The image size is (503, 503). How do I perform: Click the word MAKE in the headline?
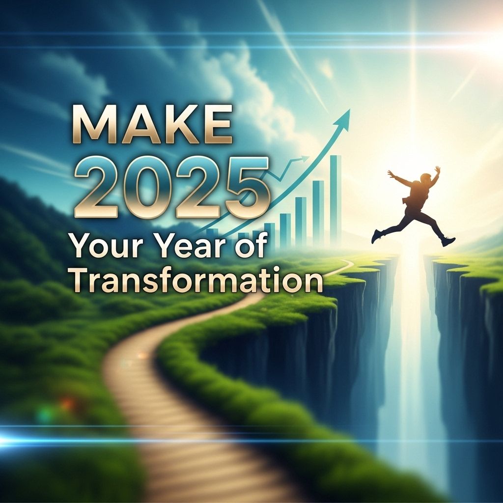coord(152,124)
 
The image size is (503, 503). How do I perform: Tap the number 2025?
coord(171,187)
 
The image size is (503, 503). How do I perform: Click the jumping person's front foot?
coord(448,241)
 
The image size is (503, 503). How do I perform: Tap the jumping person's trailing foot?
coord(375,236)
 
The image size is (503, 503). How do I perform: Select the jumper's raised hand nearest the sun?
coord(437,169)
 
